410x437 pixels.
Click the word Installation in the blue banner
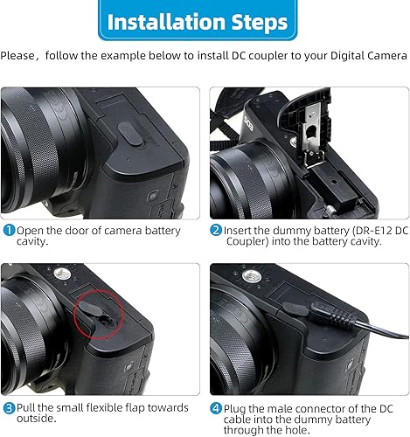[x=163, y=20]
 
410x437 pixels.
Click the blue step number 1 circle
[x=8, y=231]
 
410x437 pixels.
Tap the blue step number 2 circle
[x=216, y=231]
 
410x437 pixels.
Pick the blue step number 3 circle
[x=8, y=407]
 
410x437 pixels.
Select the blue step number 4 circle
[x=216, y=407]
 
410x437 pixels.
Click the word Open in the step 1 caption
[x=31, y=231]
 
